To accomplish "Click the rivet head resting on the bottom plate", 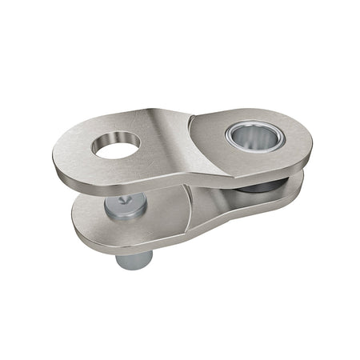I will (x=126, y=206).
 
